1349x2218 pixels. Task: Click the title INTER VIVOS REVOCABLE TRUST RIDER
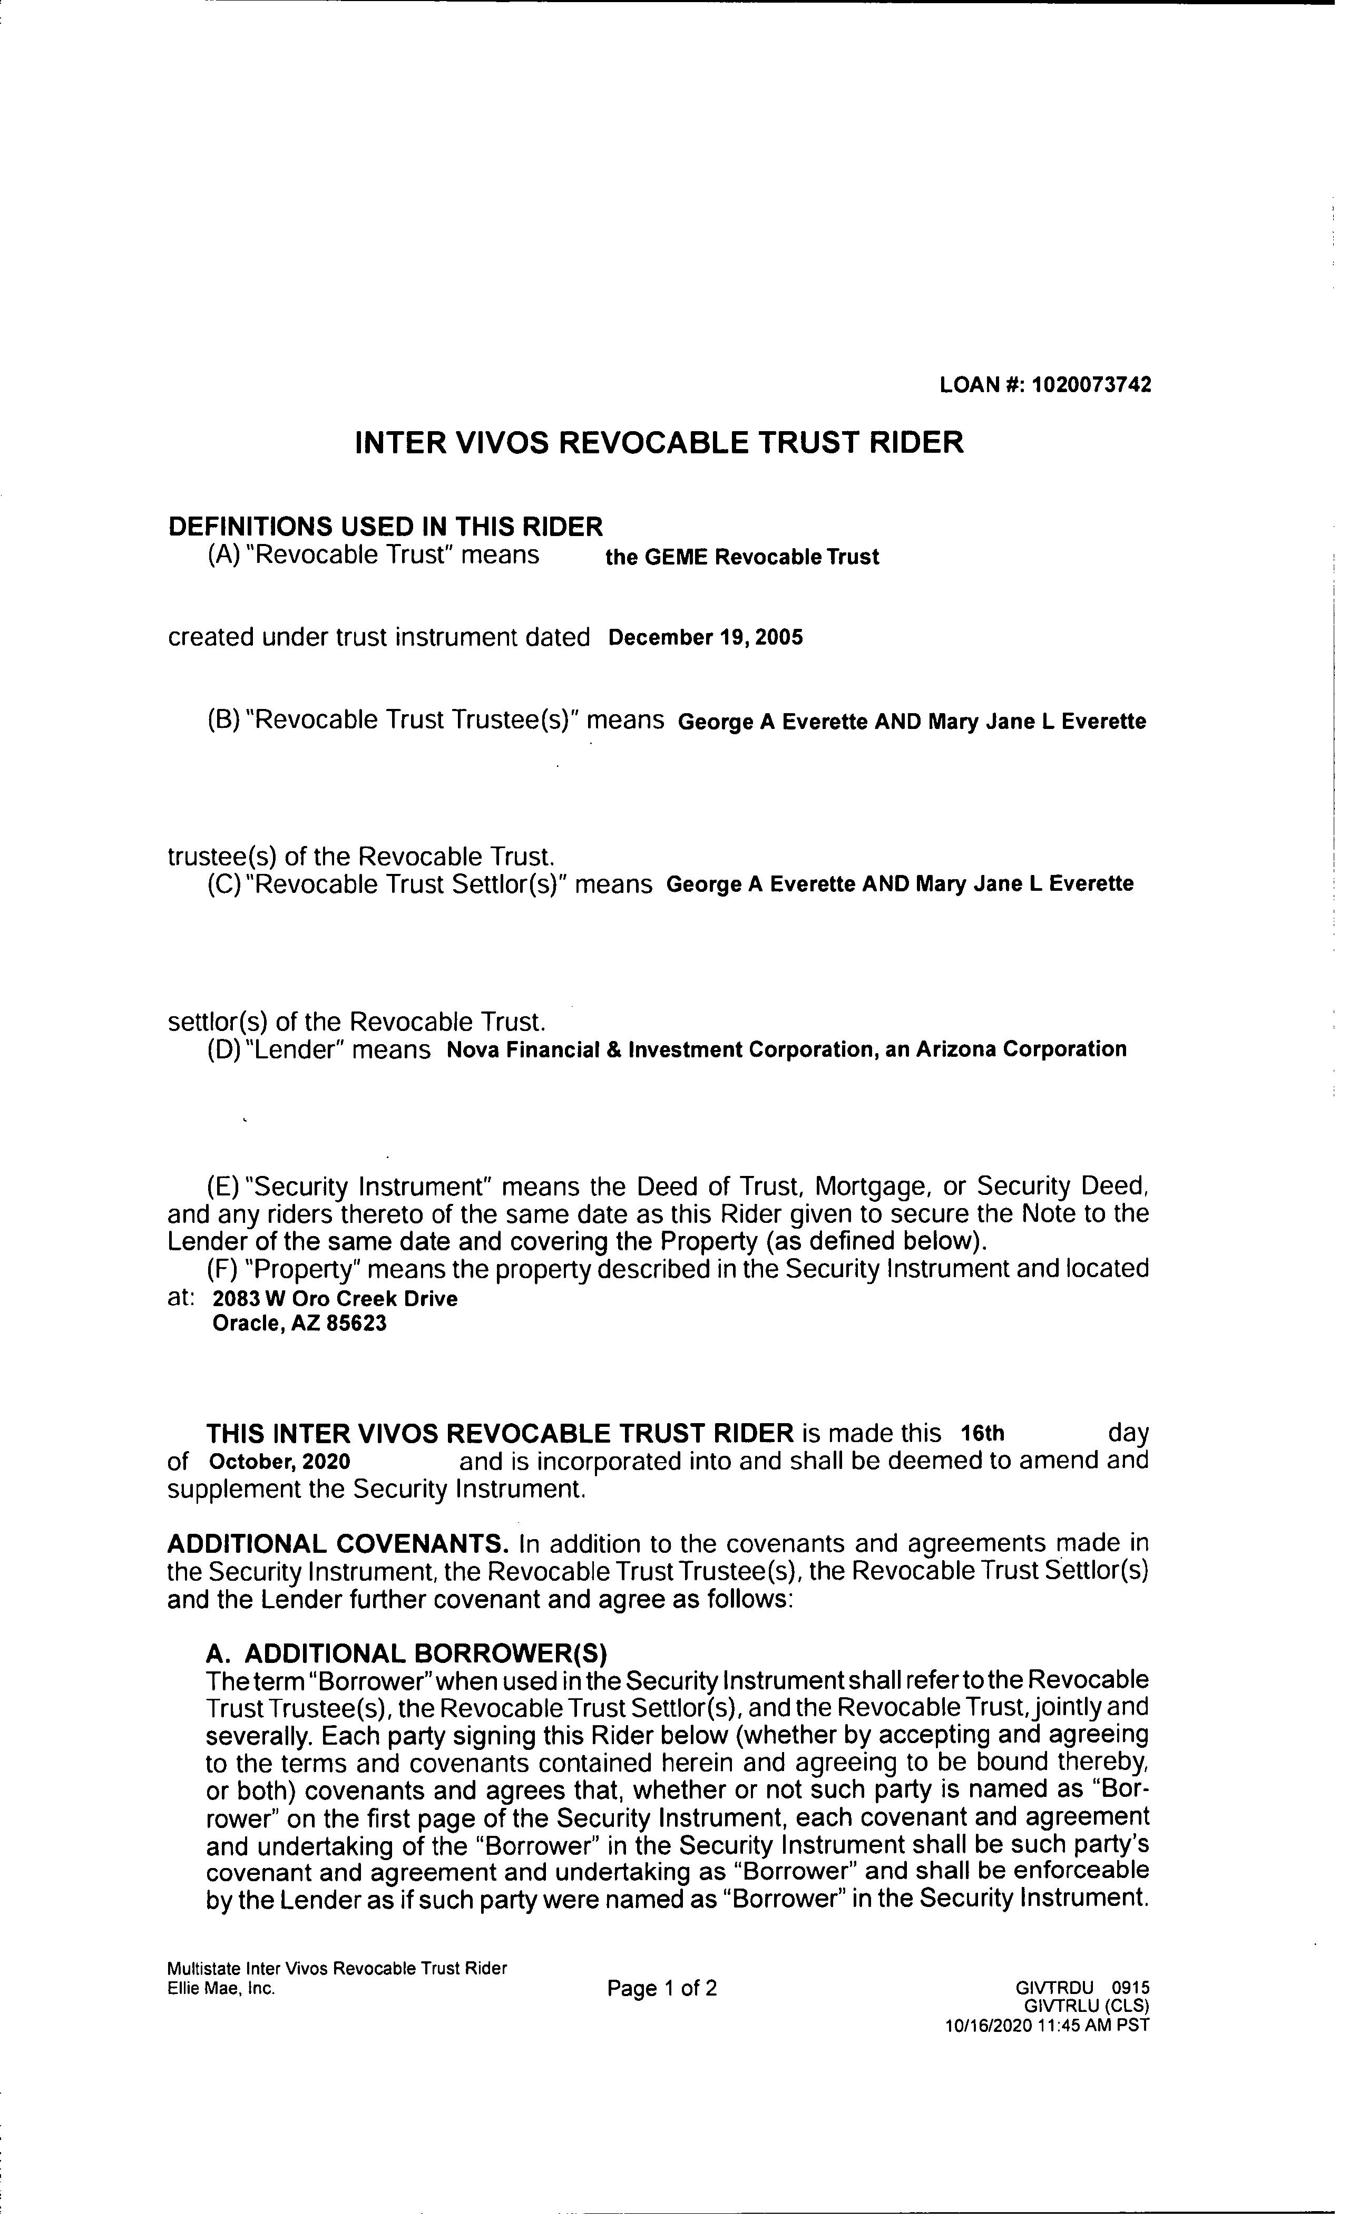659,443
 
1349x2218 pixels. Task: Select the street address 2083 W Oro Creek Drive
335,1299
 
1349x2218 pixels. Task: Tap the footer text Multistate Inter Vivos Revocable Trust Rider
337,1969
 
